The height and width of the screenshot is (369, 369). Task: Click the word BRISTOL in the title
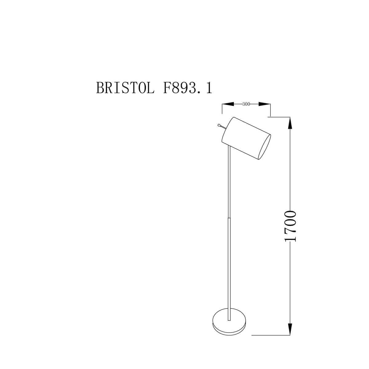point(125,88)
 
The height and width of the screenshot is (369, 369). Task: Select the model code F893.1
point(186,88)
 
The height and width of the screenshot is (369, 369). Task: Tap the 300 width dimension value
point(246,104)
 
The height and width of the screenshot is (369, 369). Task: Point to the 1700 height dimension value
point(290,226)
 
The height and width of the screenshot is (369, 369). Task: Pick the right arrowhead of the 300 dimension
point(264,104)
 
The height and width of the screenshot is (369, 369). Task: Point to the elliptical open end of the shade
point(264,148)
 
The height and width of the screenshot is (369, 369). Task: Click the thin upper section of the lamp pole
point(228,181)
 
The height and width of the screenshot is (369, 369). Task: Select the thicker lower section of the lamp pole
point(229,268)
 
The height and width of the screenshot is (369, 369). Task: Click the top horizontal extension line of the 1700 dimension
point(280,117)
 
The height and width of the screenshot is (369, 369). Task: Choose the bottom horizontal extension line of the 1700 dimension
point(271,335)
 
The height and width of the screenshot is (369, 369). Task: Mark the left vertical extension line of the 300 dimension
point(222,109)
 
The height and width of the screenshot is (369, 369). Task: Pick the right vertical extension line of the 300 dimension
point(270,110)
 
